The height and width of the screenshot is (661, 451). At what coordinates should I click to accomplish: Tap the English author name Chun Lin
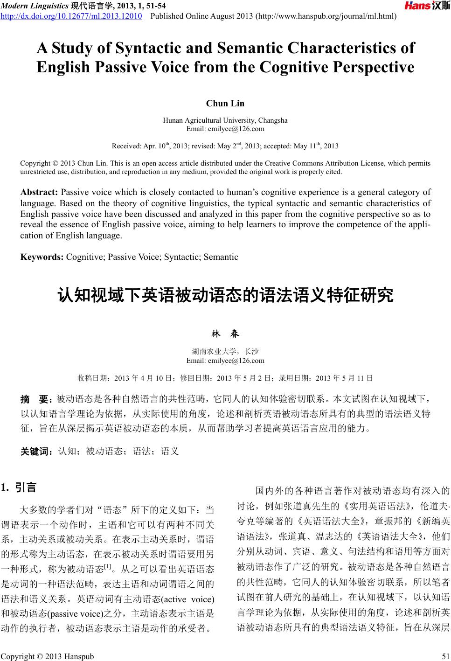tap(225, 103)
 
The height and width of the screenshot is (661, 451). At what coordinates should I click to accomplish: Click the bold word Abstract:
tap(39, 192)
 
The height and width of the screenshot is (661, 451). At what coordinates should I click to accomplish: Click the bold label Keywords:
tap(42, 257)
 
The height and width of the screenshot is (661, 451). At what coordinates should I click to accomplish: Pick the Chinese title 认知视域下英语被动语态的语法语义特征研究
tap(225, 295)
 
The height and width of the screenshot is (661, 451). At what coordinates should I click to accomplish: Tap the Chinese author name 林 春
tap(225, 334)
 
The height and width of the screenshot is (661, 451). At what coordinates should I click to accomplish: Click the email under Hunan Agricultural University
tap(225, 129)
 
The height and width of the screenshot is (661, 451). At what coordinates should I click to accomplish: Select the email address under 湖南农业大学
tap(225, 360)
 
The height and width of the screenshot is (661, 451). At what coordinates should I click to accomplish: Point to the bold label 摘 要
tap(36, 399)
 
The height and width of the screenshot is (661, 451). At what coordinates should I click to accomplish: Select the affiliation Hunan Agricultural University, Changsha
tap(225, 120)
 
